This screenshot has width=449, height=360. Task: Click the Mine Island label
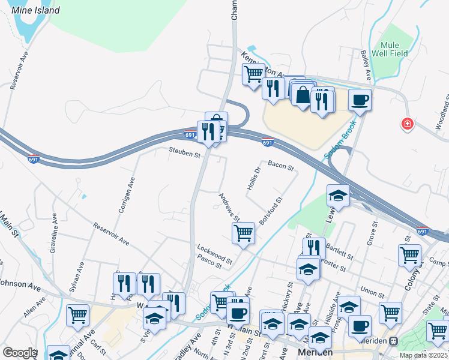(37, 10)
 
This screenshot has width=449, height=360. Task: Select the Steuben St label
(184, 155)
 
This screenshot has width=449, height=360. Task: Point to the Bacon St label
(280, 164)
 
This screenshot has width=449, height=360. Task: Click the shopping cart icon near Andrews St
(243, 232)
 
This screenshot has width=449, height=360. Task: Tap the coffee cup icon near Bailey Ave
(359, 100)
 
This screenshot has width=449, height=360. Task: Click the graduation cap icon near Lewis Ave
(338, 195)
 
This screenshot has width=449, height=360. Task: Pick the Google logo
(19, 353)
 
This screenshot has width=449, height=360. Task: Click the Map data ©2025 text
(423, 355)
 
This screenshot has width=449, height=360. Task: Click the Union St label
(372, 292)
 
